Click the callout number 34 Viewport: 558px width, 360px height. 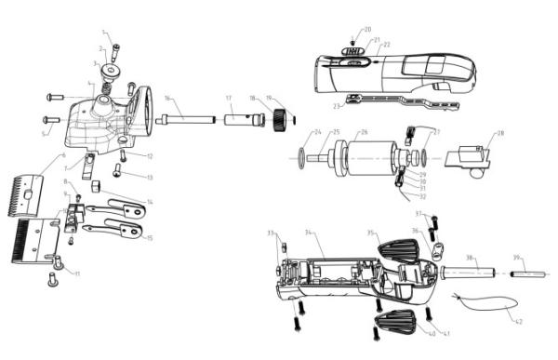pyautogui.click(x=309, y=233)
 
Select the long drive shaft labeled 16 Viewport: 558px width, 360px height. pyautogui.click(x=186, y=119)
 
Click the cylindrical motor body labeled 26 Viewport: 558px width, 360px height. pyautogui.click(x=363, y=156)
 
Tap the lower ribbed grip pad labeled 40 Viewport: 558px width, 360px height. pyautogui.click(x=392, y=327)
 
